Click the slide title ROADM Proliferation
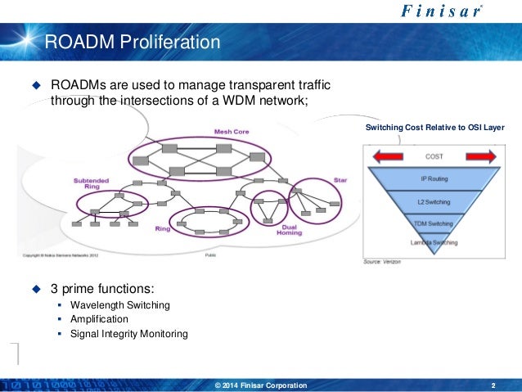click(x=132, y=41)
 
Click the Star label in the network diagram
click(x=340, y=179)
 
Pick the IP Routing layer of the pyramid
click(x=434, y=177)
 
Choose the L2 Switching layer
click(x=434, y=201)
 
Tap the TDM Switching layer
click(x=434, y=223)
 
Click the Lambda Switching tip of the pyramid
click(x=434, y=242)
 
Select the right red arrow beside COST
click(x=479, y=156)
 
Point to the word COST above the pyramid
click(x=434, y=155)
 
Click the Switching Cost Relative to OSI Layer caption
click(x=434, y=128)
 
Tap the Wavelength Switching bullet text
click(x=120, y=305)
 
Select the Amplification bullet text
click(x=99, y=319)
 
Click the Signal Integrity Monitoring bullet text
click(x=129, y=334)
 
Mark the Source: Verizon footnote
click(x=384, y=261)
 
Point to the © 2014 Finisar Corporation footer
click(x=260, y=385)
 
